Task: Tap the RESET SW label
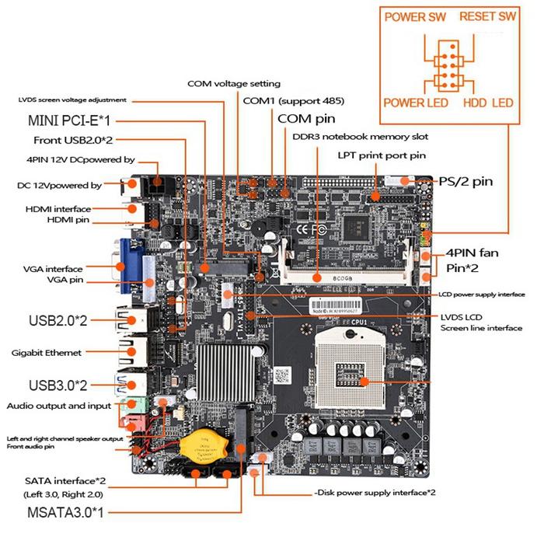[x=487, y=17]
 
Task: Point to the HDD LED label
[x=488, y=103]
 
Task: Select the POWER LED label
[x=416, y=103]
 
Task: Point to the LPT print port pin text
[x=382, y=155]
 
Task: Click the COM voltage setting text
[x=233, y=83]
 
